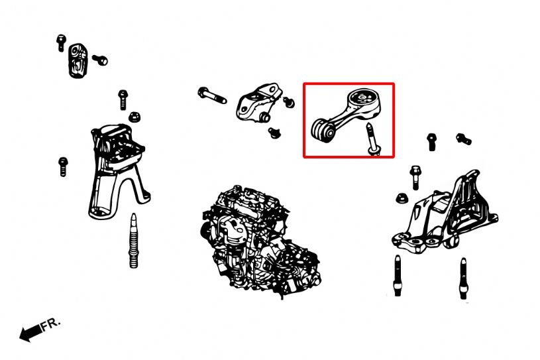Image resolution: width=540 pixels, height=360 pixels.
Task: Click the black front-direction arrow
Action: coord(31,332)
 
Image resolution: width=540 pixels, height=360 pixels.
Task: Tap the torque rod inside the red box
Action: coord(347,115)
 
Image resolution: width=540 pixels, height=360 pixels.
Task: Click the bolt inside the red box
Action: coord(372,139)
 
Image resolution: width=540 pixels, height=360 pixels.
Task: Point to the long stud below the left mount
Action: coord(134,241)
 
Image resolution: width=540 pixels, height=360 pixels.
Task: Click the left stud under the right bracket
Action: coord(398,275)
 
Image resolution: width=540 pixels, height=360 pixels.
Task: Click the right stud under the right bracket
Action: coord(464,278)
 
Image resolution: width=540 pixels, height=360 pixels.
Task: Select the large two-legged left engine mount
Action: coord(117,171)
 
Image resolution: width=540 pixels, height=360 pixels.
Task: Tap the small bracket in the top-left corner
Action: coord(78,60)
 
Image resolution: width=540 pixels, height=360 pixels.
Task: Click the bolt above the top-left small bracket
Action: coord(61,42)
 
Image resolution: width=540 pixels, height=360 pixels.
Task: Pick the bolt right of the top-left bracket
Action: coord(100,60)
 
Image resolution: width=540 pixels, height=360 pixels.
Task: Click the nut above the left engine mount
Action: coord(135,117)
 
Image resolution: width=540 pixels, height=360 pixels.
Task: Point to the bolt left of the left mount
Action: coord(63,166)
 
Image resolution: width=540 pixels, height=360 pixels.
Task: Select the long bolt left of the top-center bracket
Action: coord(212,95)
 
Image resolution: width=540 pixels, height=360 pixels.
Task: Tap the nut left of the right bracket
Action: coord(402,198)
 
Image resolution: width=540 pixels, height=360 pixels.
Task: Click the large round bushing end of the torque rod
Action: coord(364,100)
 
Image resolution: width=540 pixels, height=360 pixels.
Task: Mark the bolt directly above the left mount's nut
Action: coord(123,99)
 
